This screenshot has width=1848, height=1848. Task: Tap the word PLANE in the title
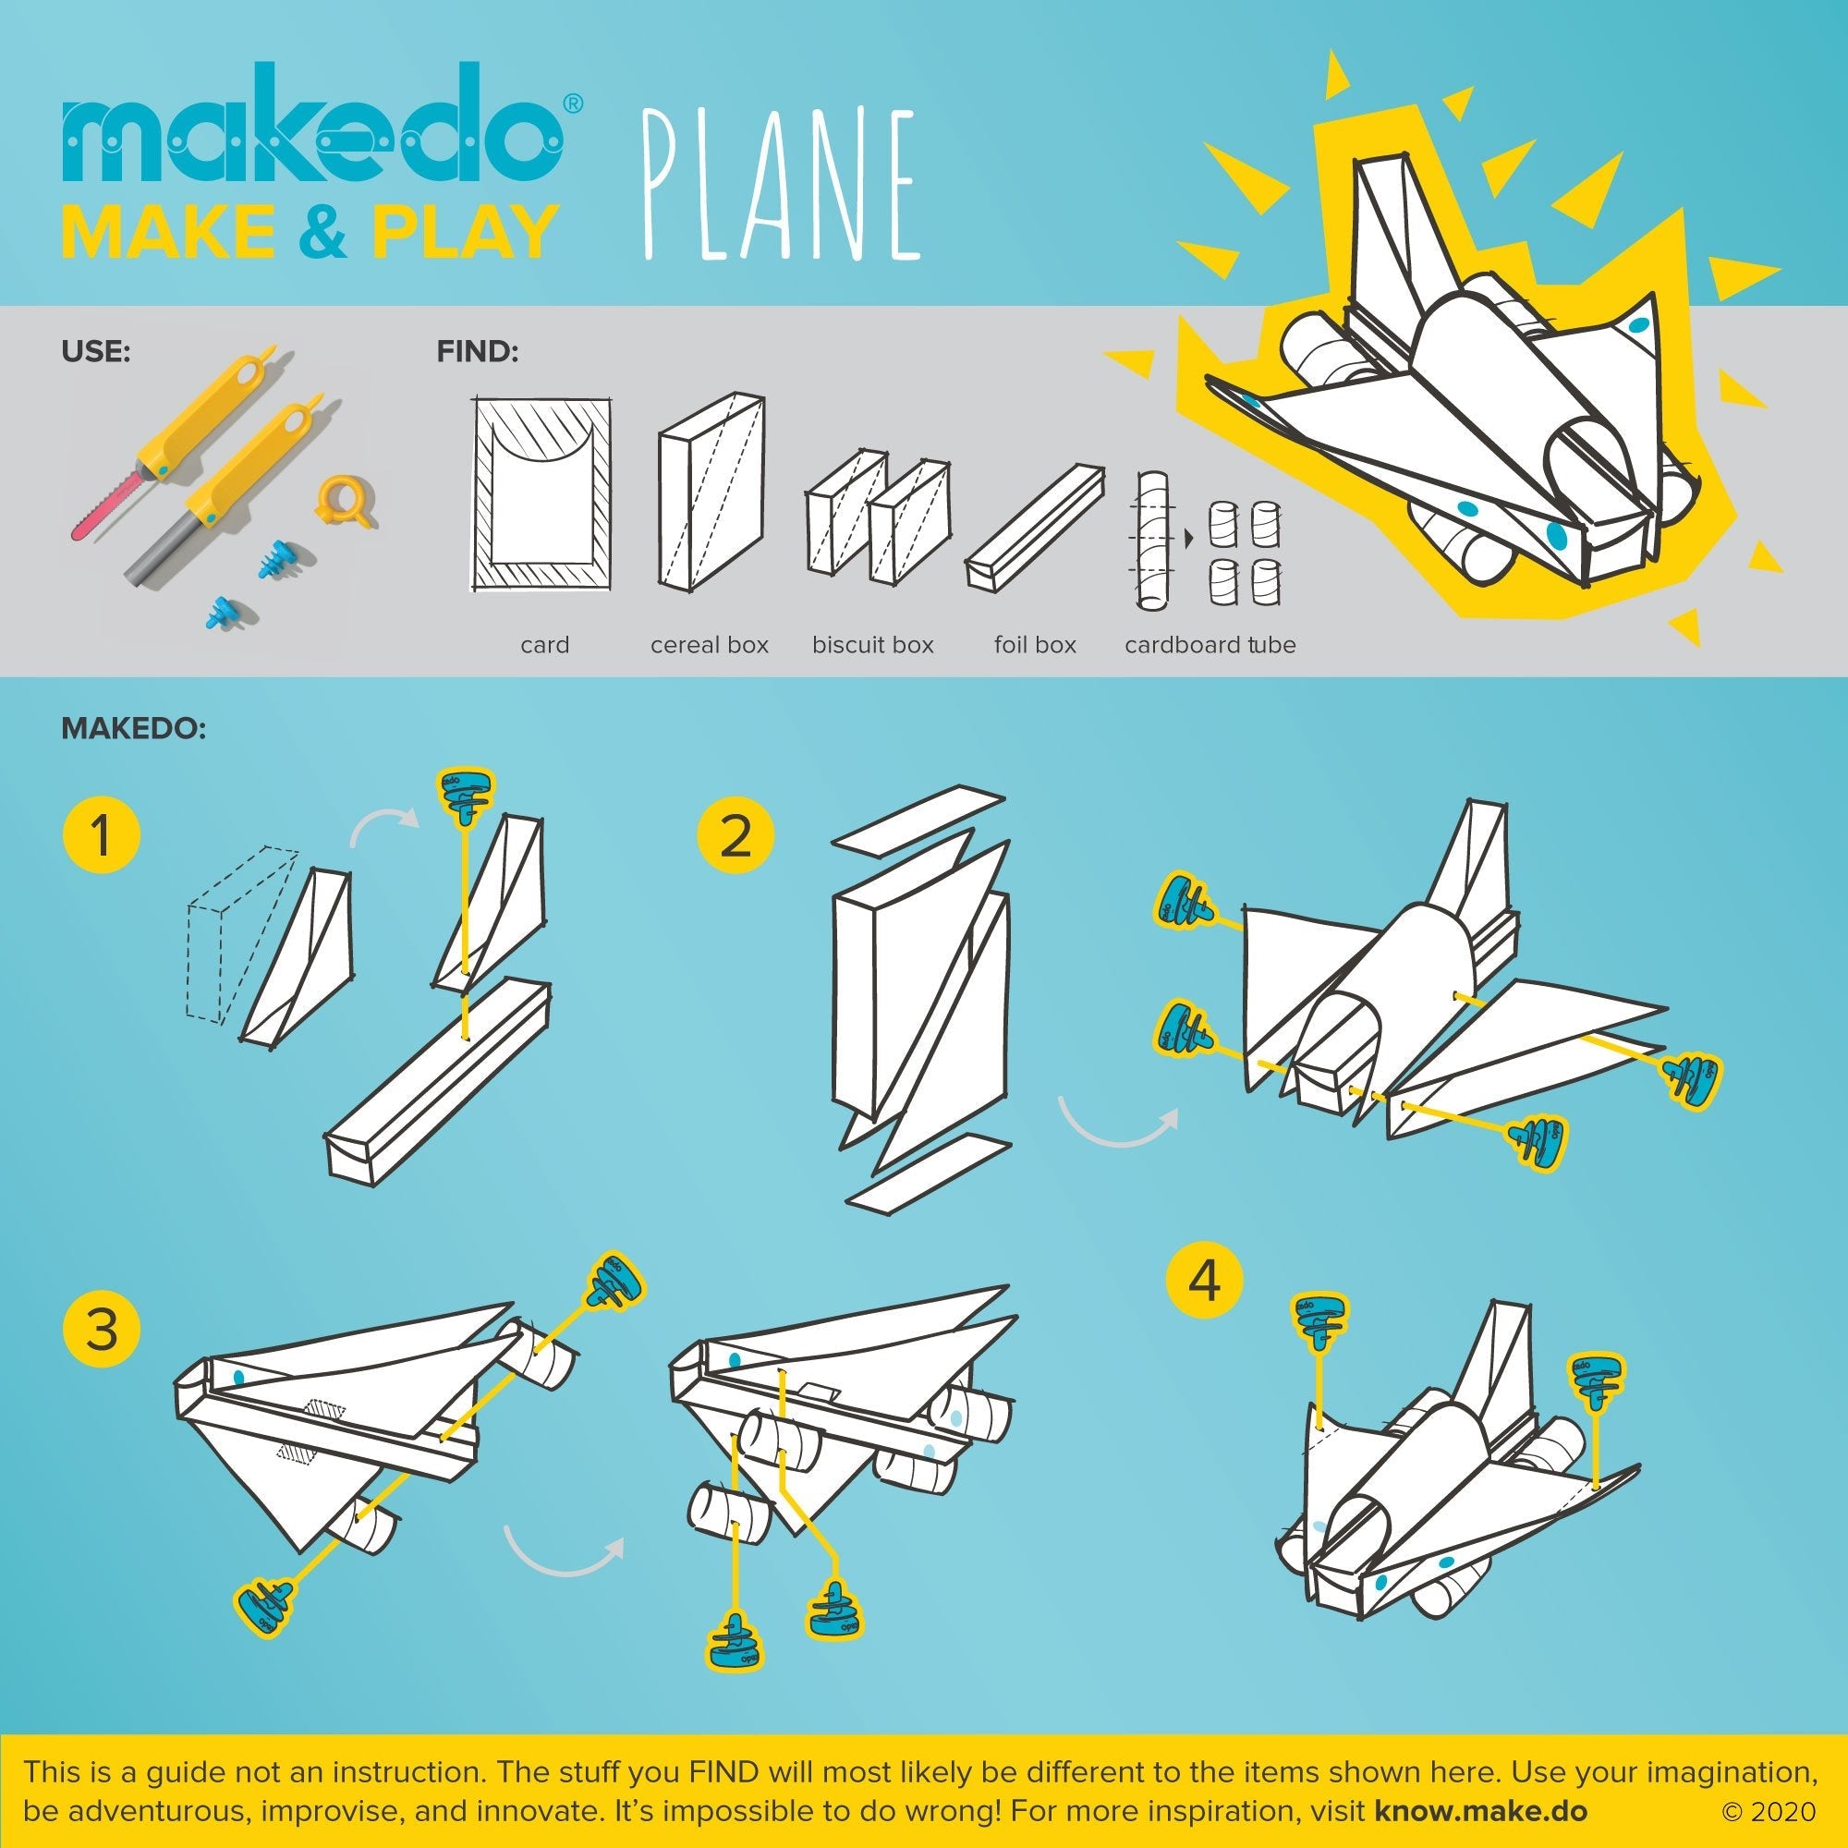(x=780, y=187)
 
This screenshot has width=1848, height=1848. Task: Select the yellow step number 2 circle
(x=735, y=833)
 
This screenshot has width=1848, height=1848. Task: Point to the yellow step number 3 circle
(x=101, y=1330)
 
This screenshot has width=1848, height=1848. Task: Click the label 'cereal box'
(x=709, y=645)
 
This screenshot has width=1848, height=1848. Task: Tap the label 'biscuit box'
(x=872, y=645)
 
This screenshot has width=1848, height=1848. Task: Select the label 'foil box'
(x=1035, y=645)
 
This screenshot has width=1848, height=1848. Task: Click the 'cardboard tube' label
(x=1210, y=645)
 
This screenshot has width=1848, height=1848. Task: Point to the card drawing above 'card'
(x=542, y=494)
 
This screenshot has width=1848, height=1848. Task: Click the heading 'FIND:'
(x=478, y=352)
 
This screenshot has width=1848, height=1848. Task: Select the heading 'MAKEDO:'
(x=133, y=729)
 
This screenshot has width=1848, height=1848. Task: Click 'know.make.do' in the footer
(x=1480, y=1811)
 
